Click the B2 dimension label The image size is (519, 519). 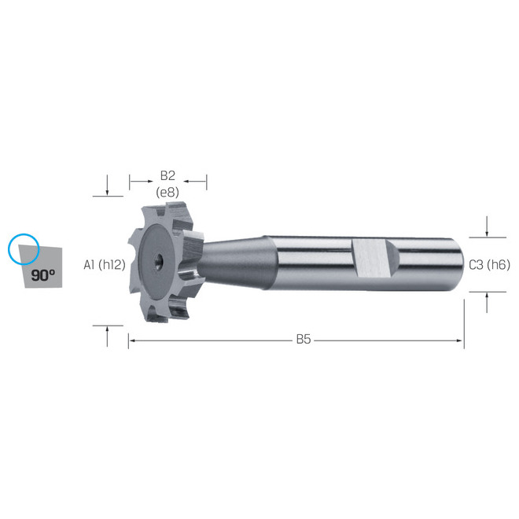[167, 176]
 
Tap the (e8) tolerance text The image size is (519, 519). [167, 192]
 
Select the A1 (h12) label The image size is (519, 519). [105, 265]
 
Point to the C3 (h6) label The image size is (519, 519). [490, 265]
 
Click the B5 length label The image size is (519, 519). [304, 340]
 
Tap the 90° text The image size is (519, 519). [43, 275]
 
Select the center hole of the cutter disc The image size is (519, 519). [159, 260]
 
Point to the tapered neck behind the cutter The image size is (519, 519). [237, 263]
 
